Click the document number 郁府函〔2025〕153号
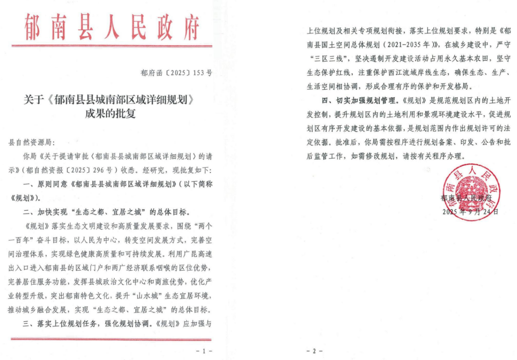tap(176, 73)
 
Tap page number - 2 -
tap(315, 351)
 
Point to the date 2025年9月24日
tap(470, 211)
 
